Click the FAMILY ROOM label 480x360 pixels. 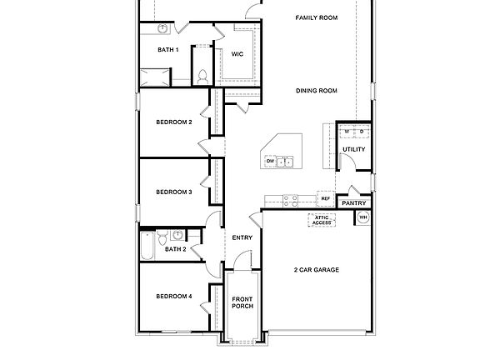316,17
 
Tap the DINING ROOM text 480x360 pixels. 316,91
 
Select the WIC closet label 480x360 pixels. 237,54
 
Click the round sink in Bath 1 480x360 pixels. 164,30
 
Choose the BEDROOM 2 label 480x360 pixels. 174,122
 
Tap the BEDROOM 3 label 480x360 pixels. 174,192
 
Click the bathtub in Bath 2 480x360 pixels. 147,246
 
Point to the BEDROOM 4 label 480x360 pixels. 174,296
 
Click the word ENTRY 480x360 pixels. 242,237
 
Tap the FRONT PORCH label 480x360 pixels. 242,302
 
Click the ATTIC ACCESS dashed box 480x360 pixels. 322,220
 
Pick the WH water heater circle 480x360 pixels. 363,218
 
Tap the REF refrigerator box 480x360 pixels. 325,199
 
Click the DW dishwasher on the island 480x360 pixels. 270,161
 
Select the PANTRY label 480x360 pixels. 354,202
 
